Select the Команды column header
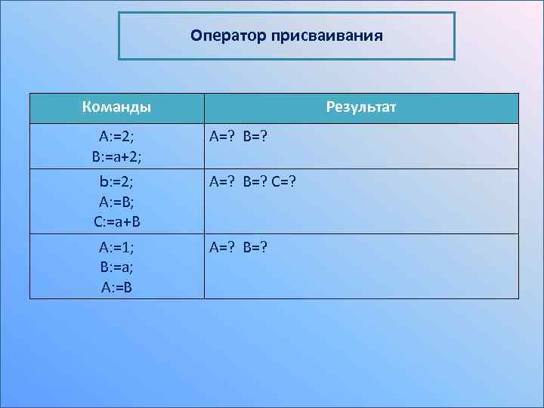[116, 107]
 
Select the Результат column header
[361, 107]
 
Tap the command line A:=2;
[116, 137]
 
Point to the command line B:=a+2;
[116, 155]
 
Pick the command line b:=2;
[116, 182]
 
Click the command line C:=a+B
[116, 222]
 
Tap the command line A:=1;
[116, 248]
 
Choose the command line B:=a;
[116, 267]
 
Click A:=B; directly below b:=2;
[116, 202]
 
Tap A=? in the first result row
[224, 137]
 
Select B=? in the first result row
[255, 137]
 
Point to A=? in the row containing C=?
[224, 182]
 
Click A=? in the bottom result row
[224, 248]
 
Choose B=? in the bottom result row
[255, 248]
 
